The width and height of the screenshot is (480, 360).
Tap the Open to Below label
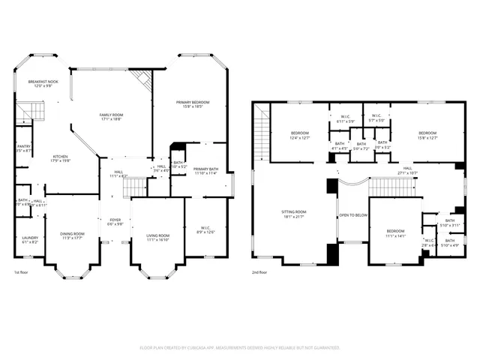point(352,214)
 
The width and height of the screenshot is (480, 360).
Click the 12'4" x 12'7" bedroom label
point(299,135)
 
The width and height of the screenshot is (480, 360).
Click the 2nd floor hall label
point(407,170)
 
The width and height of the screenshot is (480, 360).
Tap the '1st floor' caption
point(22,273)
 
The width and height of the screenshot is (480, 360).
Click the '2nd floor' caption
point(261,273)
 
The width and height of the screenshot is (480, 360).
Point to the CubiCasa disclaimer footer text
point(240,348)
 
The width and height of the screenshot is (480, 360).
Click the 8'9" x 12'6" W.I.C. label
point(205,230)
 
